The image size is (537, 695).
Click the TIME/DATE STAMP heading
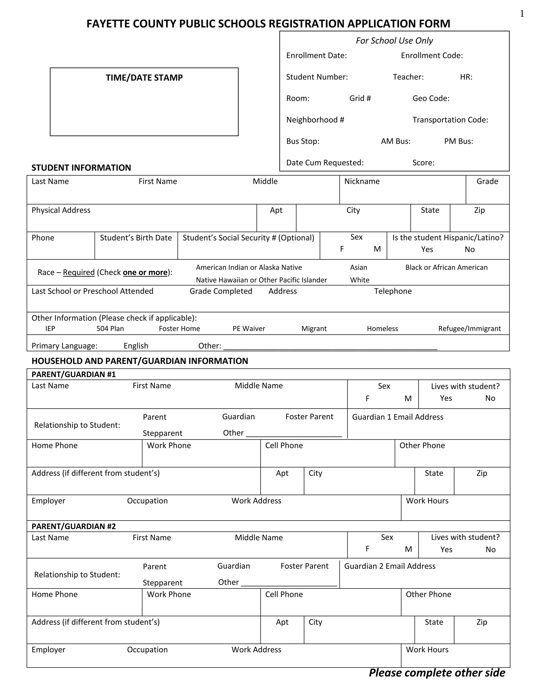[x=144, y=78]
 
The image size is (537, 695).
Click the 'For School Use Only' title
[x=394, y=41]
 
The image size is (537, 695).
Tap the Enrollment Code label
[x=432, y=56]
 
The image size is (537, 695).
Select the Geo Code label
[x=431, y=98]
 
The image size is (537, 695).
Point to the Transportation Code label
[x=450, y=120]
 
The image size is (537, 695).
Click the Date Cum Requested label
[x=325, y=163]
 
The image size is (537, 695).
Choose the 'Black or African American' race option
[x=446, y=267]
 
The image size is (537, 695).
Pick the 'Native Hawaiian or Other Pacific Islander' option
[x=261, y=280]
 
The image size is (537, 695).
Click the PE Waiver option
[x=249, y=329]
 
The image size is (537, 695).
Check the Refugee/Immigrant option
[x=469, y=329]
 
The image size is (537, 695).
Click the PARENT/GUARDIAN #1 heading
[x=73, y=374]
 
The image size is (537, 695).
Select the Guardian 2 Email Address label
[x=390, y=566]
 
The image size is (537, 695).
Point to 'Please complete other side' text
[x=437, y=673]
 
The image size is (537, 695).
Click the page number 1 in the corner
[x=522, y=14]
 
